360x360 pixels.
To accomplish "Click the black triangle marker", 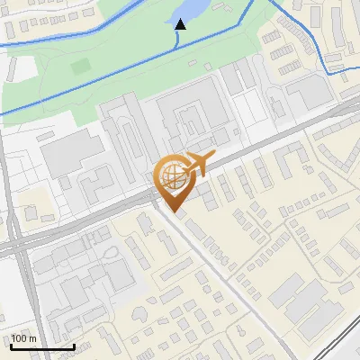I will [x=181, y=23].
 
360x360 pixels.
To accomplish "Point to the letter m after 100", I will [x=32, y=338].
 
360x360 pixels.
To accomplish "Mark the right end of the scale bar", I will [x=73, y=346].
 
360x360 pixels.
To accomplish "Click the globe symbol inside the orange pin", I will [x=174, y=177].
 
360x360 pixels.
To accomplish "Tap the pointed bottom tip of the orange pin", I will [x=175, y=212].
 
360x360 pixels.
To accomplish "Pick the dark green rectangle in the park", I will [x=81, y=66].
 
